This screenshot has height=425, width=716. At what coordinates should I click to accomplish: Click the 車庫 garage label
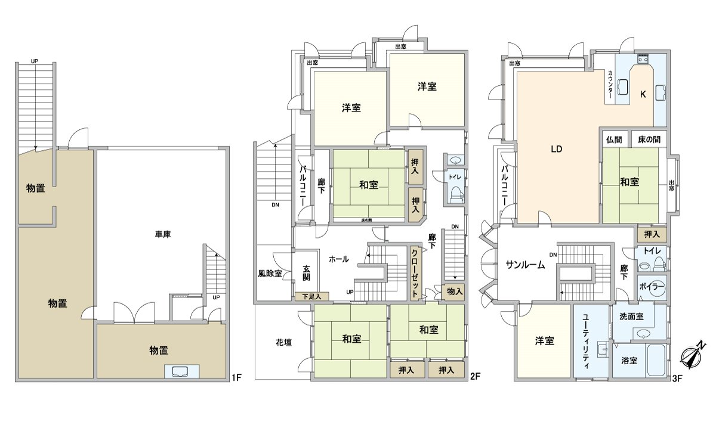point(163,234)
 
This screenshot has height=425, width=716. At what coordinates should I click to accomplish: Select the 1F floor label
point(237,377)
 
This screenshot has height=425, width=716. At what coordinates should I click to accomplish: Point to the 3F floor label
point(677,377)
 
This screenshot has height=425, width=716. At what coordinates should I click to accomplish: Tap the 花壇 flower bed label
point(283,343)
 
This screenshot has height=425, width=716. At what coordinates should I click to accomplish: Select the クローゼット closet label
point(414,272)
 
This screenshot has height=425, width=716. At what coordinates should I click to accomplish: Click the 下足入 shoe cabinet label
point(311,296)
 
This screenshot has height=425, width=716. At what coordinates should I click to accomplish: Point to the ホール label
point(339,259)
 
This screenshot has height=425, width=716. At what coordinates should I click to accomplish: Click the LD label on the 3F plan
point(556,150)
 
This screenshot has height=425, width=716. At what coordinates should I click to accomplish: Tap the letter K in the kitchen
point(643,94)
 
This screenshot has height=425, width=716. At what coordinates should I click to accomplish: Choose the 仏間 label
point(614,140)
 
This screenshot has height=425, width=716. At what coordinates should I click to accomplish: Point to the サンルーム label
point(525,266)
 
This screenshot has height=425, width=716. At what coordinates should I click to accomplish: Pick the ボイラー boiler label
point(652,287)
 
